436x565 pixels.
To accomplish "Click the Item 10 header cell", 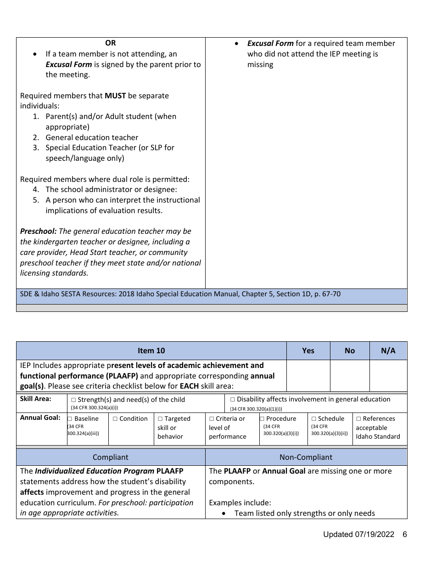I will click(x=151, y=350).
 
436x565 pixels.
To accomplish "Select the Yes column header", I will click(x=308, y=350).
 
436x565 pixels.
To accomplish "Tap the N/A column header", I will click(x=388, y=350).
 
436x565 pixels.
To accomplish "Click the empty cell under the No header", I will click(x=350, y=375).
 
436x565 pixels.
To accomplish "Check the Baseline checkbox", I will click(x=70, y=419).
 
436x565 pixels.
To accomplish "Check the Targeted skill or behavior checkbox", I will click(x=160, y=419).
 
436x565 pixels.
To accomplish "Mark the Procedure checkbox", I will click(x=262, y=419).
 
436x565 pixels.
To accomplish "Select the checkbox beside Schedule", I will click(x=314, y=419).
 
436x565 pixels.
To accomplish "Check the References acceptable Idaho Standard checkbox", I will click(x=359, y=419).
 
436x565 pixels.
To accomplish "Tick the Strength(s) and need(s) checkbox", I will click(x=73, y=400).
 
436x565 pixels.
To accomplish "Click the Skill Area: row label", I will click(x=36, y=399).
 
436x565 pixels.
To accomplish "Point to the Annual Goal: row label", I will click(x=40, y=418).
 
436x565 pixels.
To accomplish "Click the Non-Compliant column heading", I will click(x=306, y=457).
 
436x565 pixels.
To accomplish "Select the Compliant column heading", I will click(x=111, y=457).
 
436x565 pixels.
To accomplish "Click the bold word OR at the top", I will click(x=111, y=43).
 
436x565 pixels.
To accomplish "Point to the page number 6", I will click(x=404, y=534).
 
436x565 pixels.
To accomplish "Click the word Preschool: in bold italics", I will click(x=38, y=231).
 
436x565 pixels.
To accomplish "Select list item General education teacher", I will click(x=92, y=137).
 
